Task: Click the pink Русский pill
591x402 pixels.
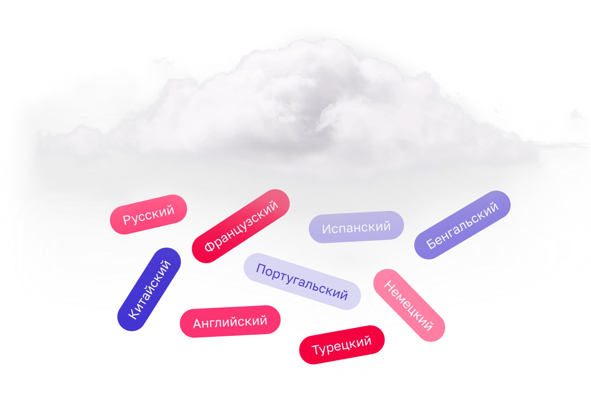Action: [148, 214]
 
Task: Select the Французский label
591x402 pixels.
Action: [241, 226]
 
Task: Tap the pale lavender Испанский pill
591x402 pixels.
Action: [356, 227]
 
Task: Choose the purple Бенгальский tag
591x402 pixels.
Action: [462, 225]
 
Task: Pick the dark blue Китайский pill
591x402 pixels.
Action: [149, 289]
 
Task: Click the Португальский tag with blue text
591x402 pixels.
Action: [302, 282]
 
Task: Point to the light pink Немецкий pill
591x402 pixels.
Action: [409, 305]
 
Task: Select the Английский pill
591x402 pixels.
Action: [230, 322]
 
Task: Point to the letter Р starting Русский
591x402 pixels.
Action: [127, 220]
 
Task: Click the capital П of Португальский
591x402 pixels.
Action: [261, 268]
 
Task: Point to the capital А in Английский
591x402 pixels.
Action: [197, 324]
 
